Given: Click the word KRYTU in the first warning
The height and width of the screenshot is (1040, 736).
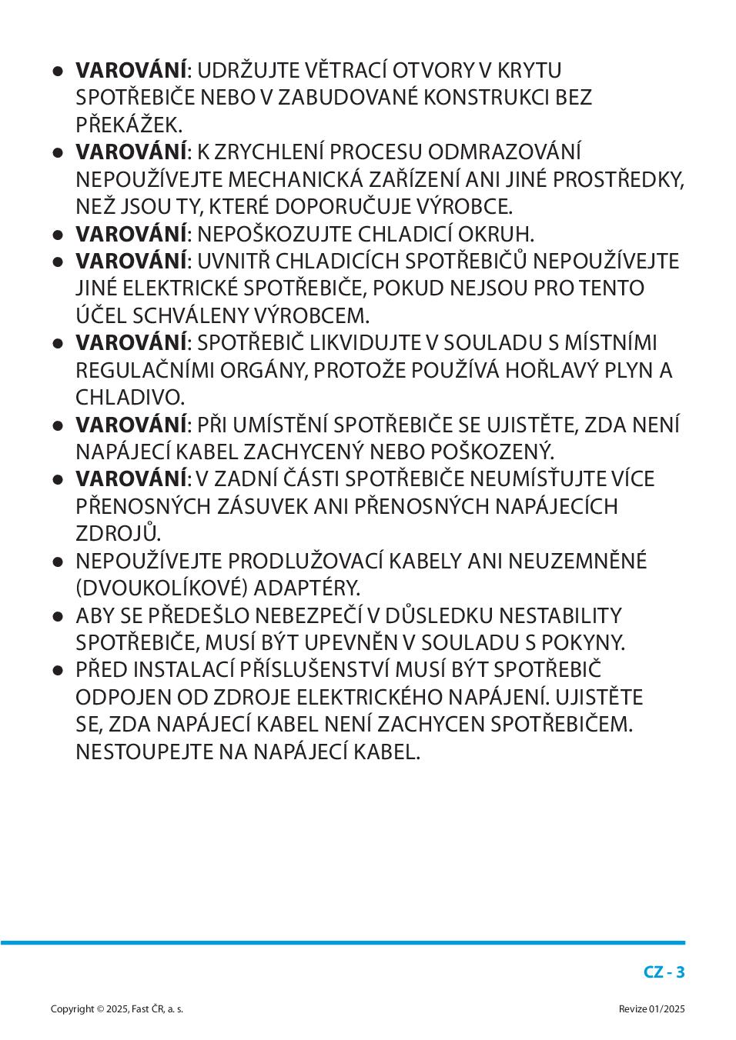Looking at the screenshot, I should tap(530, 71).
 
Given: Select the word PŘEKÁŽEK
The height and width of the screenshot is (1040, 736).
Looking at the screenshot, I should tap(129, 125).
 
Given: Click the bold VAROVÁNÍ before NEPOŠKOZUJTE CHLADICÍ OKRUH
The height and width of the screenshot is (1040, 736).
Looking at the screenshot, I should tap(131, 234).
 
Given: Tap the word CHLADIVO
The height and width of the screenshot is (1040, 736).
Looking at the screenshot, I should tap(130, 398).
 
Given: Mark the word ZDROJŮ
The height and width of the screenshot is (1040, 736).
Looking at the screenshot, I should tap(118, 534).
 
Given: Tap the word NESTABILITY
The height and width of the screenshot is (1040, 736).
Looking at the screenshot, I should tap(560, 616).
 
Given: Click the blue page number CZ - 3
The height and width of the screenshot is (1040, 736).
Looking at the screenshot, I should tap(664, 972).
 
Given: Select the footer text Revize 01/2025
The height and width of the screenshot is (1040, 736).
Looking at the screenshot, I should tap(651, 1009).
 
